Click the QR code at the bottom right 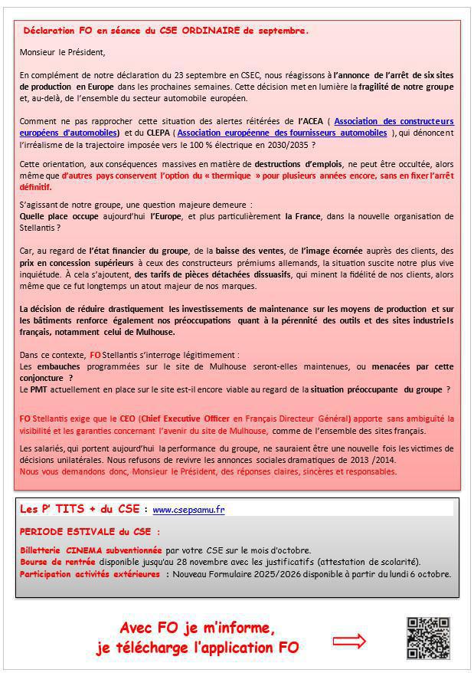coord(427,638)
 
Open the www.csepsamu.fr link coord(188,509)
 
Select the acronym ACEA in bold coord(309,121)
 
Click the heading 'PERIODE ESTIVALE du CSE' coord(90,531)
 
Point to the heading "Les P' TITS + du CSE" coord(80,508)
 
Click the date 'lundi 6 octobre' coord(424,573)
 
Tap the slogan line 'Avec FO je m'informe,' coord(198,629)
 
